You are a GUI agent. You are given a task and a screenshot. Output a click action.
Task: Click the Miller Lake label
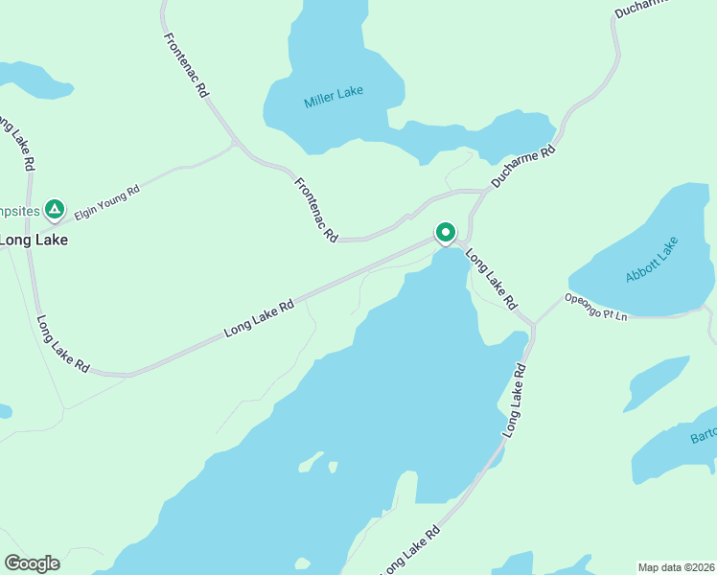point(334,97)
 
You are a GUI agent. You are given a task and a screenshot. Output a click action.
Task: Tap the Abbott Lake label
point(652,260)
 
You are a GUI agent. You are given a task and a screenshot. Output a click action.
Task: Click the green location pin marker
point(446,233)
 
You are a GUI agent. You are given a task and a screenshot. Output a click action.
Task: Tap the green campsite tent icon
point(55,208)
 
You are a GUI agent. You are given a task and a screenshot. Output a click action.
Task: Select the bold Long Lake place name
point(33,240)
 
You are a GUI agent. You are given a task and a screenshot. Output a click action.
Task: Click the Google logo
point(32,563)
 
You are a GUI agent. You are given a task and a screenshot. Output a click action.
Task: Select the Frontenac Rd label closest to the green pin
point(317,209)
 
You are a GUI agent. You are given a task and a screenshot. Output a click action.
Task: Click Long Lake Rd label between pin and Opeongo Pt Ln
point(492,280)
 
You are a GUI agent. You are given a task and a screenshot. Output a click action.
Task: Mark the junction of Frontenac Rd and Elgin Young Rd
point(233,144)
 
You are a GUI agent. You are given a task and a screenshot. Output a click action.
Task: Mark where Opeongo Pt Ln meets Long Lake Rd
point(533,324)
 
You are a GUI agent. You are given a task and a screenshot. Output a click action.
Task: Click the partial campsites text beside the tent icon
point(18,209)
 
